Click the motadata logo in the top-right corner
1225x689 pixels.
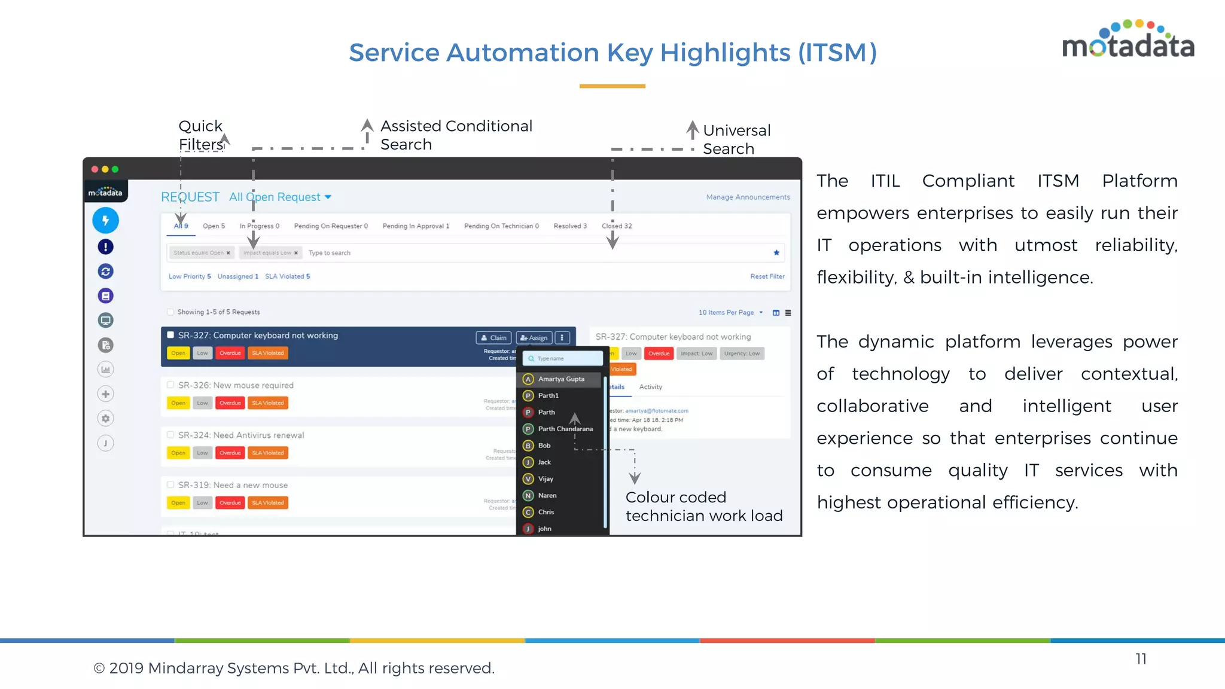coord(1128,41)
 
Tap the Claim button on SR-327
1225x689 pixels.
coord(494,338)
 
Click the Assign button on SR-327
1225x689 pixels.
coord(534,338)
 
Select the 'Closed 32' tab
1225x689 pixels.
coord(617,226)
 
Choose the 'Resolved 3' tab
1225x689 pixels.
coord(570,226)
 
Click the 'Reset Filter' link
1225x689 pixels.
coord(767,276)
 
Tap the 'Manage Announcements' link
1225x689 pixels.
coord(748,197)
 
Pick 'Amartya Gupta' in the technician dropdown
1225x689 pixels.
coord(560,379)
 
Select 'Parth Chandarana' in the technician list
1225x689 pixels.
coord(565,429)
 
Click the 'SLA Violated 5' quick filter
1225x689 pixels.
coord(288,276)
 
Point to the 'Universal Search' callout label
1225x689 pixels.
coord(736,139)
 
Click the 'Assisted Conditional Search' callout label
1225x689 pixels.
coord(456,135)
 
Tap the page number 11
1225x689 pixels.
coord(1141,659)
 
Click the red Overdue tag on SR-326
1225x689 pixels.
coord(230,403)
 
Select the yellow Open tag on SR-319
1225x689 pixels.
coord(178,503)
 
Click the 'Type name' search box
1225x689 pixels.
coord(563,359)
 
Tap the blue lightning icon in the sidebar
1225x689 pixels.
coord(106,221)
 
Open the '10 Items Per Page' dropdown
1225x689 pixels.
coord(730,313)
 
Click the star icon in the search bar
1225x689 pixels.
coord(776,253)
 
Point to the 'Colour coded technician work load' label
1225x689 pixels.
coord(704,507)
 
